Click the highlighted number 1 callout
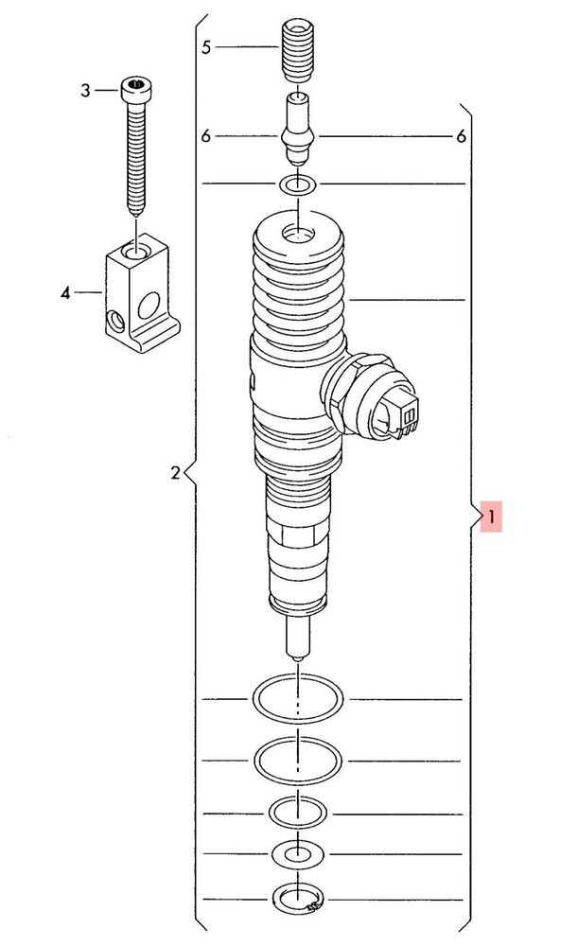point(491,517)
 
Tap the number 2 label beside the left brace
point(175,472)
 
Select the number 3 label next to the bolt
point(85,91)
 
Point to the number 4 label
point(65,293)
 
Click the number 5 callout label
point(206,47)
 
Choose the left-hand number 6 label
point(206,136)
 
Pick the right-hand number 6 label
point(461,137)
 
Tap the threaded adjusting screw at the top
point(297,50)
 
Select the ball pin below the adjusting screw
point(297,129)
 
